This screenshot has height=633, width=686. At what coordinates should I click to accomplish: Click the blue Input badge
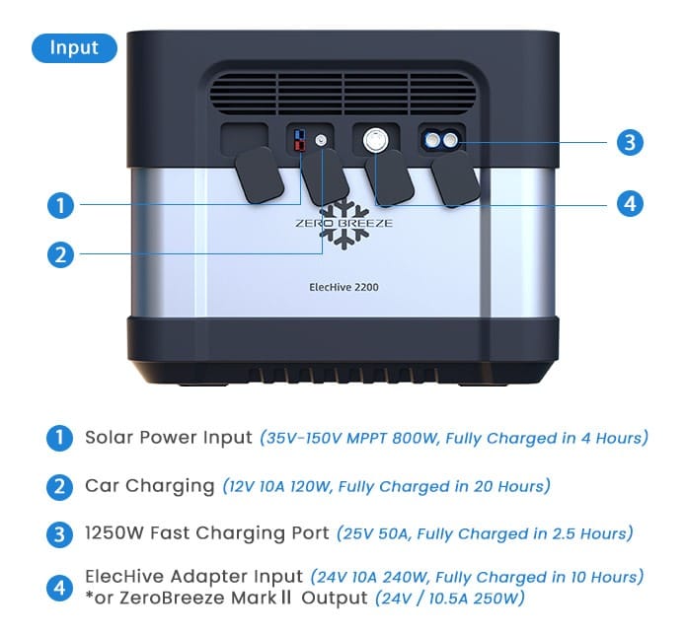click(x=74, y=47)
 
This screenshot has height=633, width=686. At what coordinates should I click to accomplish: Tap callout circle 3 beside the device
click(x=630, y=142)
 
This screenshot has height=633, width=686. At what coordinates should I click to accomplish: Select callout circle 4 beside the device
click(x=630, y=204)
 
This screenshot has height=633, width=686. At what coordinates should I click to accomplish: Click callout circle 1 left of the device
click(x=61, y=205)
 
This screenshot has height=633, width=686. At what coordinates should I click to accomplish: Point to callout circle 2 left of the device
click(x=61, y=254)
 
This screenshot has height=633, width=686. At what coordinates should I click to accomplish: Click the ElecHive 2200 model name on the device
click(x=343, y=287)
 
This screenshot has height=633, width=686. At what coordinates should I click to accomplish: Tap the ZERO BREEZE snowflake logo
click(x=343, y=224)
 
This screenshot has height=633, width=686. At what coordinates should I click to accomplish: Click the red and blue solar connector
click(x=300, y=140)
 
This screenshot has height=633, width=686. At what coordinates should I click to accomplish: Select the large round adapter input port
click(x=376, y=141)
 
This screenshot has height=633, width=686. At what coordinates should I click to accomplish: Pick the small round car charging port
click(x=321, y=140)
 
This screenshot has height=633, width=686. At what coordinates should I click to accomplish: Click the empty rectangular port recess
click(x=244, y=139)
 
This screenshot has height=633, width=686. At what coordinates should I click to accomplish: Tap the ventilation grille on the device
click(x=343, y=94)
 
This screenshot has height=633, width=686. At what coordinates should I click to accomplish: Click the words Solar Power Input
click(x=169, y=437)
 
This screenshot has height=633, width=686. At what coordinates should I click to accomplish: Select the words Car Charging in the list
click(x=150, y=486)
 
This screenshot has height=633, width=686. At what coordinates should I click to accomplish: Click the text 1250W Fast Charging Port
click(x=207, y=532)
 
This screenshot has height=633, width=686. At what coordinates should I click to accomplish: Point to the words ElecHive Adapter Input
click(x=193, y=576)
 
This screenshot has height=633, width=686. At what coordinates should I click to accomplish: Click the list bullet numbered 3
click(x=59, y=534)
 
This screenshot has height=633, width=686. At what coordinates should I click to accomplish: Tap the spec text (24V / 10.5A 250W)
click(x=450, y=598)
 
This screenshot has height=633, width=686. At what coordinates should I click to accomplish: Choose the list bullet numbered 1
click(x=59, y=438)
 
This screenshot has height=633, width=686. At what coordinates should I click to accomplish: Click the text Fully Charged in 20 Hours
click(x=441, y=486)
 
